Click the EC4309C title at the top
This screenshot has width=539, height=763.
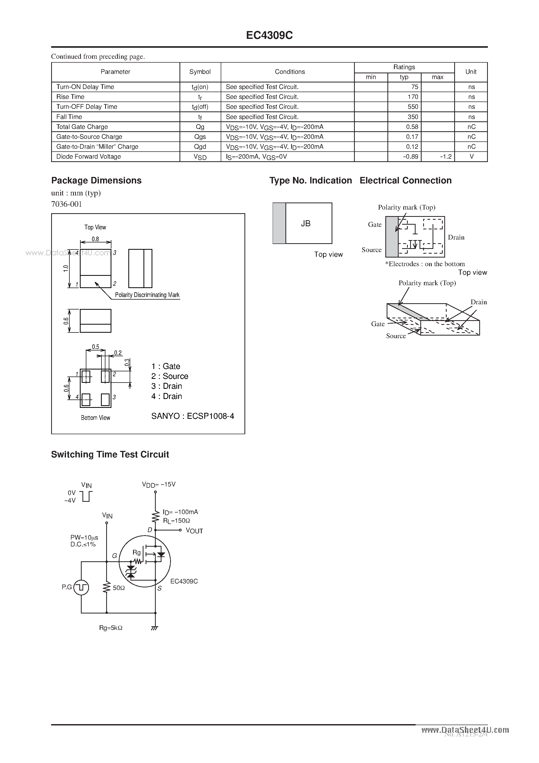point(269,35)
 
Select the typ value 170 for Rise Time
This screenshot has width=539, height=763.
point(413,97)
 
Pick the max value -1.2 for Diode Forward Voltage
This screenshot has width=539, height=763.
point(446,157)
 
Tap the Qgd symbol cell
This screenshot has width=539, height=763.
point(200,147)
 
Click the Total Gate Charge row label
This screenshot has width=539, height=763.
point(82,127)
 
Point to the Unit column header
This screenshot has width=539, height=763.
point(471,72)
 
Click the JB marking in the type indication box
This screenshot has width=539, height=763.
point(306,224)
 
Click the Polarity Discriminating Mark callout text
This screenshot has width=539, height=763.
point(147,295)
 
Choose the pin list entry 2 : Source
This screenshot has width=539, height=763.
point(170,376)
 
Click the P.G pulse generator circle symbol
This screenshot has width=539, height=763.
point(81,588)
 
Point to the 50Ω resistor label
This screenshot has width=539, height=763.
point(119,588)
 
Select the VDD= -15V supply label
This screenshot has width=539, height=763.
point(159,485)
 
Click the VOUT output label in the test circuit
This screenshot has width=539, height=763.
point(194,531)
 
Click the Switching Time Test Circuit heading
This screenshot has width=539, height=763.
point(110,454)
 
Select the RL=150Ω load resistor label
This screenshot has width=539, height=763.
point(176,521)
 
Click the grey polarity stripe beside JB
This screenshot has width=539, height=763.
point(279,223)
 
